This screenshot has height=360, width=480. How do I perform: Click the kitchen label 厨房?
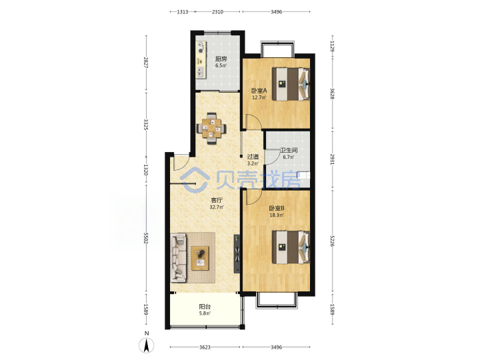221,59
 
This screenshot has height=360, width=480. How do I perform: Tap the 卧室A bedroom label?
259,91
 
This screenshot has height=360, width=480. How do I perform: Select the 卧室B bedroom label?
277,208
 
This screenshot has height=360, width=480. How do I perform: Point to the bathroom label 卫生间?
289,150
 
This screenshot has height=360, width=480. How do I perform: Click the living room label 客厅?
217,200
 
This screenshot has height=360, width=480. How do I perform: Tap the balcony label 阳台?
205,307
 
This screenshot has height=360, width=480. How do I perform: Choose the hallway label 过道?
253,157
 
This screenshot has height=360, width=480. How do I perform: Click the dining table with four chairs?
211,128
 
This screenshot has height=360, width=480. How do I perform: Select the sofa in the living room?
179,257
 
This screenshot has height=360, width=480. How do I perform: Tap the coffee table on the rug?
200,258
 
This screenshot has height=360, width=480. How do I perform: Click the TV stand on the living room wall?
237,254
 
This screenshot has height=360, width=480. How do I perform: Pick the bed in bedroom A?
291,84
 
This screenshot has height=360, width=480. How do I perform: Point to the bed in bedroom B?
291,247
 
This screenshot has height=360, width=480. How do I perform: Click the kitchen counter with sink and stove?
201,60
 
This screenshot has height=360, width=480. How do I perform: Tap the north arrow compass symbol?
147,345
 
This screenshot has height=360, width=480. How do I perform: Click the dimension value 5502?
146,238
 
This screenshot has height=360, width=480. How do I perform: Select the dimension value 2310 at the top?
217,12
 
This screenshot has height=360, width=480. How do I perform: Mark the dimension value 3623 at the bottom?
205,347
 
